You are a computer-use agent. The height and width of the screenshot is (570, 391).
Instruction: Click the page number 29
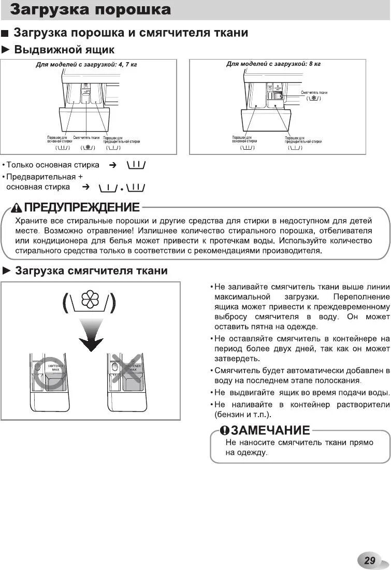[369, 560]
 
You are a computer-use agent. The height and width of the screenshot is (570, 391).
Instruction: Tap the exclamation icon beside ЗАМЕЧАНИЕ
[224, 431]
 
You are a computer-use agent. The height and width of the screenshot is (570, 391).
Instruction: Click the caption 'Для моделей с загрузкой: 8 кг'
[273, 64]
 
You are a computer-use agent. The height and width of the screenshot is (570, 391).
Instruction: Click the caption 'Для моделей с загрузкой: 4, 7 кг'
[86, 65]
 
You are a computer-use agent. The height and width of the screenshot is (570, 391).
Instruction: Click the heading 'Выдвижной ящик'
[64, 50]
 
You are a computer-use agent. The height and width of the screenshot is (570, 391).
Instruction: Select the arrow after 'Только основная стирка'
[112, 165]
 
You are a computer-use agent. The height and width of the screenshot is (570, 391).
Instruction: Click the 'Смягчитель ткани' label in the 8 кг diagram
[314, 92]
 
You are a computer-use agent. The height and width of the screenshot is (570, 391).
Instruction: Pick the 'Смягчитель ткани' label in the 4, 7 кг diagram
[86, 138]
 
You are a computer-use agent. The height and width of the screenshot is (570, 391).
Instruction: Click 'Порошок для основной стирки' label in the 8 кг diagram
[244, 139]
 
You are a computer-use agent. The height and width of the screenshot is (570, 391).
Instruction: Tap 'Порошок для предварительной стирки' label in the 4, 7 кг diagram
[121, 139]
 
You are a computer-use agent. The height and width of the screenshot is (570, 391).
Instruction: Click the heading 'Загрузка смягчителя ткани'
[91, 271]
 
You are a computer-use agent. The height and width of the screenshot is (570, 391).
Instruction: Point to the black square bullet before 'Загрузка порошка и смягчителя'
[5, 34]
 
